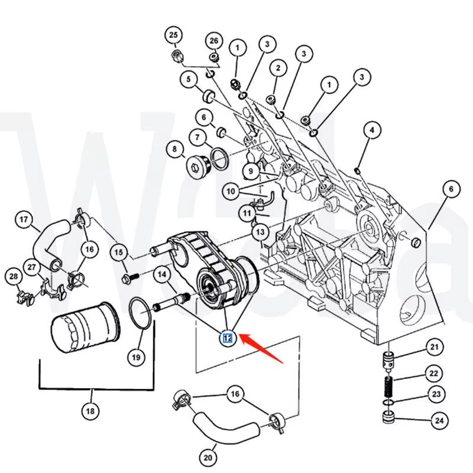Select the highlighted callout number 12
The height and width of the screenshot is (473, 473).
[x=227, y=338]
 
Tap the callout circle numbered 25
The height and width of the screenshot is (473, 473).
[x=173, y=35]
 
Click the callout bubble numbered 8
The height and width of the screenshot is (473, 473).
[x=174, y=150]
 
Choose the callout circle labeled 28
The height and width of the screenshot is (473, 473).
[x=12, y=276]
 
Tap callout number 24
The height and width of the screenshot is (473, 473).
[x=439, y=422]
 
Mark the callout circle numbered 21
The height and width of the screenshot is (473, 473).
[x=435, y=346]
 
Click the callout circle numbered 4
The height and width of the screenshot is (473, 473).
[x=371, y=129]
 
